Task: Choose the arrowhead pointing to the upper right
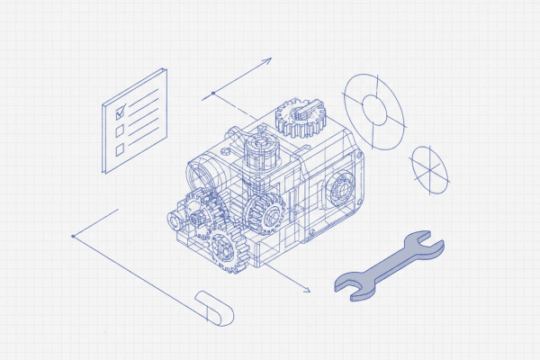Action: (x=267, y=62)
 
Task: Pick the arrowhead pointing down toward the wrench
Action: (x=306, y=290)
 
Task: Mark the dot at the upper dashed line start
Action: (x=213, y=93)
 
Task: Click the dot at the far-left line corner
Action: (x=72, y=237)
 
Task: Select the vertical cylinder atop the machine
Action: (x=259, y=148)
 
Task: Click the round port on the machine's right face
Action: (x=342, y=190)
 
